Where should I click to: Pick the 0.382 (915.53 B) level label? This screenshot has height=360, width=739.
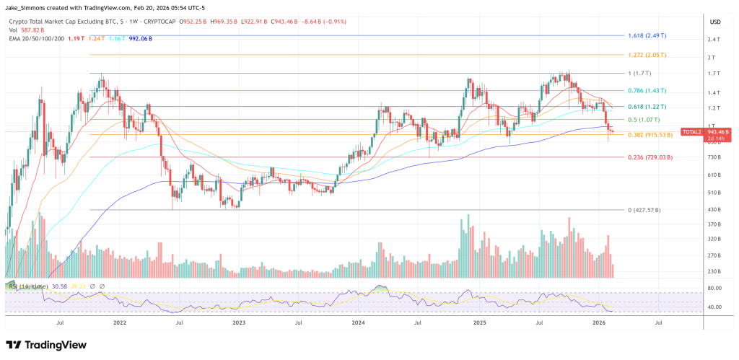(650, 135)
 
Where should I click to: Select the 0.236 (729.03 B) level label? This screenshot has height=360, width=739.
(650, 157)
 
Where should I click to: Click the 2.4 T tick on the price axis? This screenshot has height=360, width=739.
(712, 40)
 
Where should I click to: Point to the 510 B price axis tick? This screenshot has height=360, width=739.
(712, 192)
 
